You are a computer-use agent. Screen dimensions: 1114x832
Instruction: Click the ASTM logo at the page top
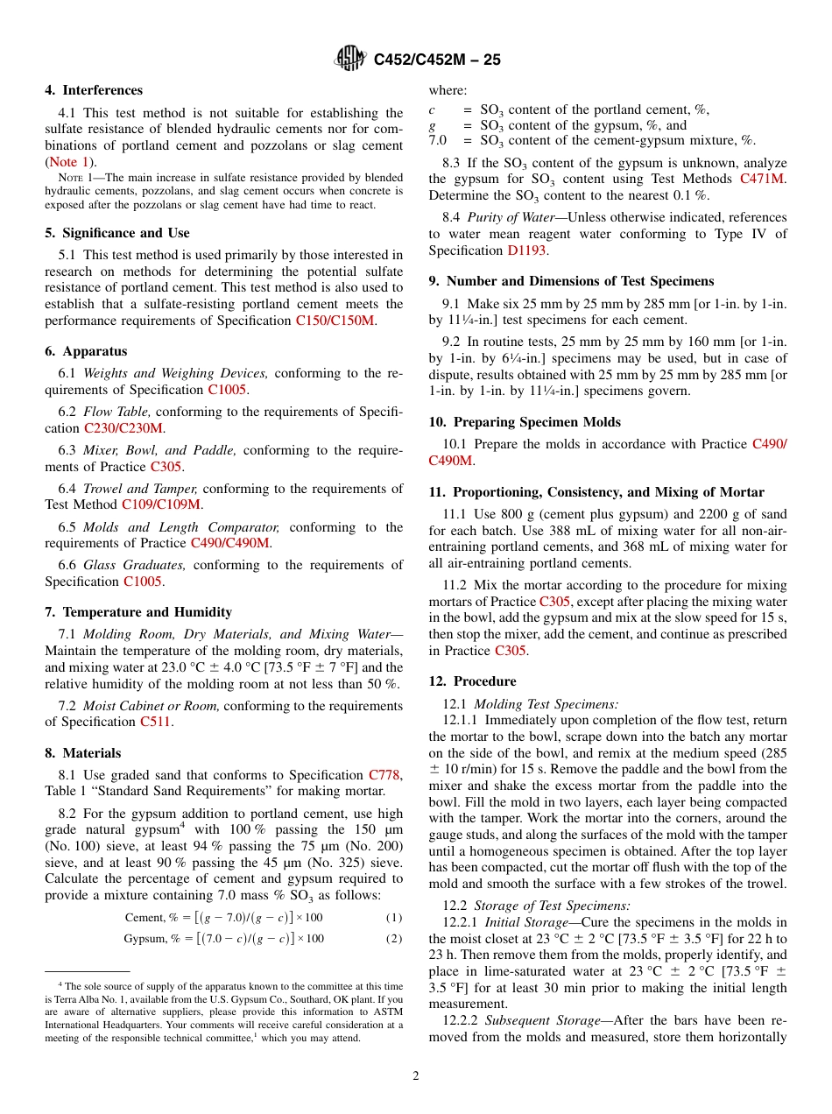[x=351, y=60]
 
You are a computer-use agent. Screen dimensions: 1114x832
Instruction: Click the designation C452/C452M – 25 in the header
[x=437, y=60]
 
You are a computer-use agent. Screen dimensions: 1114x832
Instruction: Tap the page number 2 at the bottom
[x=416, y=1076]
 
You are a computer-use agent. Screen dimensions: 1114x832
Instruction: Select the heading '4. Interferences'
[x=94, y=90]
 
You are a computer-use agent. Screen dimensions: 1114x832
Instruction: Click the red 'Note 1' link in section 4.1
[x=68, y=162]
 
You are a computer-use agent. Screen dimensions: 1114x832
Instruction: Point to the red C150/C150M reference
[x=335, y=321]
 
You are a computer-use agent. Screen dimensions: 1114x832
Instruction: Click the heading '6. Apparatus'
[x=86, y=351]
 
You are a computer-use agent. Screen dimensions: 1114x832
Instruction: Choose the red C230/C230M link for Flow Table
[x=123, y=428]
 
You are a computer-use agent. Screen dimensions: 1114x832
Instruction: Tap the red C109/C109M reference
[x=161, y=504]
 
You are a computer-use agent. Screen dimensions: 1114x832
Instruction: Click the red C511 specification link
[x=155, y=723]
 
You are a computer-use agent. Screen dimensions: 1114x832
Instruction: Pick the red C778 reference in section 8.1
[x=384, y=775]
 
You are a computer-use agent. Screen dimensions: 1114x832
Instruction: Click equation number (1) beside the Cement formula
[x=394, y=918]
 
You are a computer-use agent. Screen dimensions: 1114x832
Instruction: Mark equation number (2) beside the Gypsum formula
[x=394, y=939]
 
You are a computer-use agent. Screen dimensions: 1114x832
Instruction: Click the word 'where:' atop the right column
[x=448, y=90]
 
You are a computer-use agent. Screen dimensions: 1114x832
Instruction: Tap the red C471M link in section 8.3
[x=763, y=180]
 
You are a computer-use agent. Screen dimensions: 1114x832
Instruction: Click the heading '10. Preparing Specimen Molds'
[x=525, y=422]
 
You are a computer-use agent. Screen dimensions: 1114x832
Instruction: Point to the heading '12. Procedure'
[x=472, y=681]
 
